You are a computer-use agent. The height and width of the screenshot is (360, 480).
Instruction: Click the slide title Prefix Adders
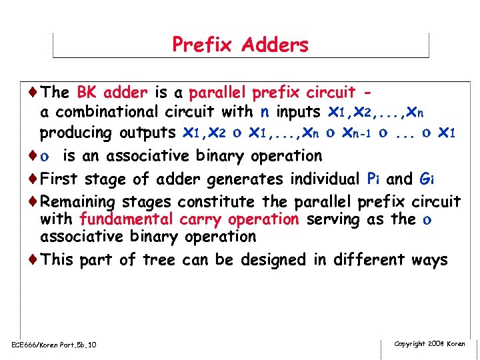pyautogui.click(x=240, y=45)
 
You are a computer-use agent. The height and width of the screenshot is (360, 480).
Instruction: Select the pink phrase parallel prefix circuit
pyautogui.click(x=272, y=91)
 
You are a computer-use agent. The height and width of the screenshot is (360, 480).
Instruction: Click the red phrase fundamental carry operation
pyautogui.click(x=188, y=219)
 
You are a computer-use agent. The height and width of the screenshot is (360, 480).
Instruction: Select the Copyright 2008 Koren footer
pyautogui.click(x=429, y=343)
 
